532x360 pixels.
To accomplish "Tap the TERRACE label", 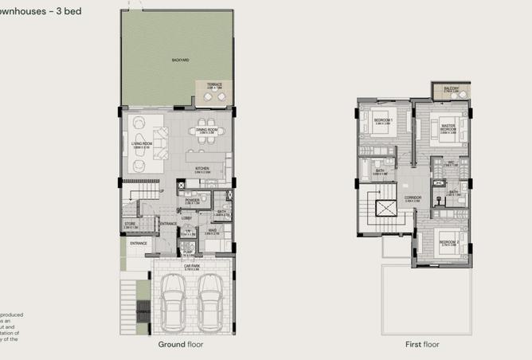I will point(214,84).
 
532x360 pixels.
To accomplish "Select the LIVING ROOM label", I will point(142,144).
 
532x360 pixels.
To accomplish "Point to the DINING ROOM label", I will point(207,130).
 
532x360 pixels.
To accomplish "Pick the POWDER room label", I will point(192,201).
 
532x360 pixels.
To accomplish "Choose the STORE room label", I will point(131,225).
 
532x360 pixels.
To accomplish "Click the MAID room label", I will point(213,232).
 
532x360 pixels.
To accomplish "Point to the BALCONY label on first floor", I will point(451,90).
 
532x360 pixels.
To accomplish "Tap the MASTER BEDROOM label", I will point(448,127).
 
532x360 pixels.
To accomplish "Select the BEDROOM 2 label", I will point(448,241).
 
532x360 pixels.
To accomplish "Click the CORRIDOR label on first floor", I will point(412,198).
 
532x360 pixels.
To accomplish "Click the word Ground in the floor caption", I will point(172,345).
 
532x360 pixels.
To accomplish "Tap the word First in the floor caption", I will point(392,345).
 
